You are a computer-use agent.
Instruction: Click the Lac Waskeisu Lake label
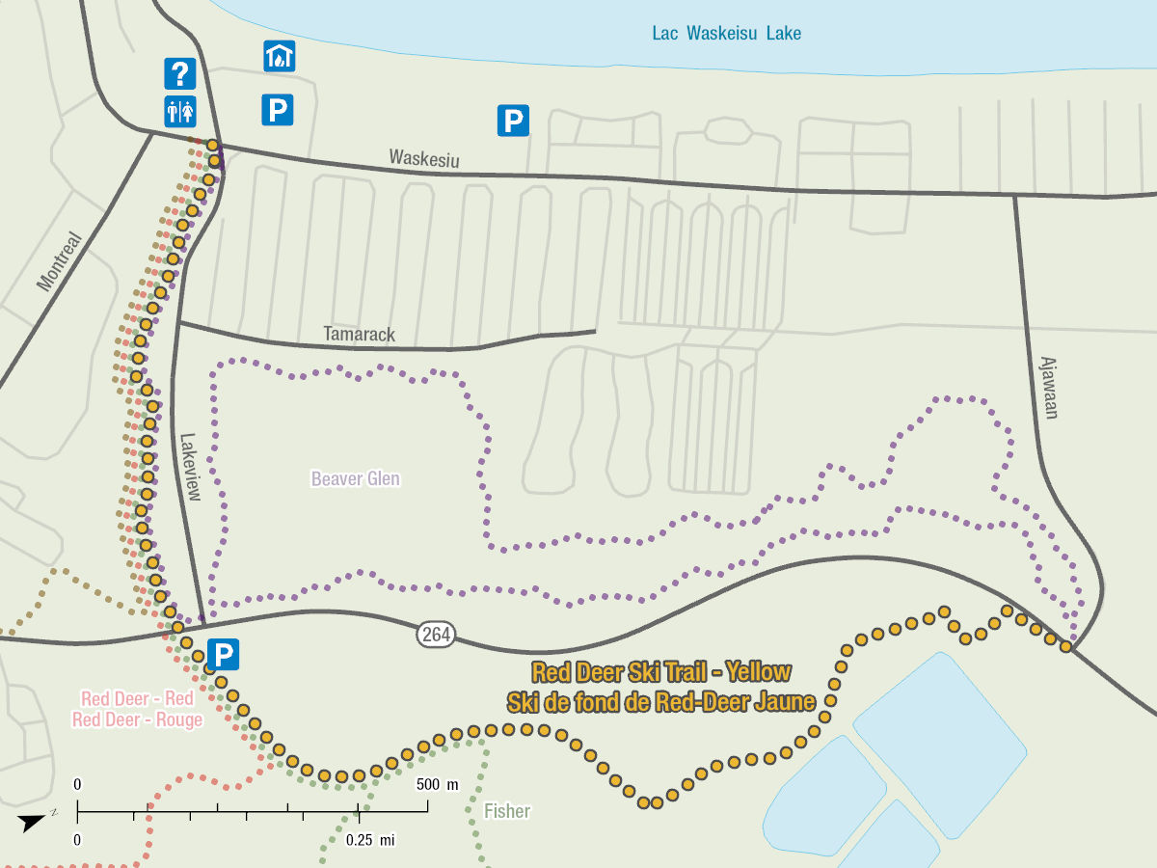[726, 34]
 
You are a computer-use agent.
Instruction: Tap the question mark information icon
[180, 73]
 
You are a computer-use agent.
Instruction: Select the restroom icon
[180, 111]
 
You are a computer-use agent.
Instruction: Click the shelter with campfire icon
[279, 56]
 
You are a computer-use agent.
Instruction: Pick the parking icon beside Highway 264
[223, 656]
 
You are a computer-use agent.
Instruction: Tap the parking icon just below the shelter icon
[277, 110]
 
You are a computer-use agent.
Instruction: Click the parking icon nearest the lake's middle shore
[513, 121]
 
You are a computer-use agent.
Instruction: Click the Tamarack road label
[359, 335]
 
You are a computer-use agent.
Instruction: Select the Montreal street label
[61, 260]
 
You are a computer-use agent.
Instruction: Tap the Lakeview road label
[189, 466]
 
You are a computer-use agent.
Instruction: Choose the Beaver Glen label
[355, 478]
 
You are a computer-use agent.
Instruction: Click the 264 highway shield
[437, 634]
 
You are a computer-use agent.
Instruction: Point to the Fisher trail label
[507, 811]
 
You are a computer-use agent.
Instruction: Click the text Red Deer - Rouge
[137, 719]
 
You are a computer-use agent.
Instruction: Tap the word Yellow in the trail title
[758, 672]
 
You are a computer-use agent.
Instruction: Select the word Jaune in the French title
[783, 702]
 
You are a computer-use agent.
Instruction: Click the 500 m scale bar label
[438, 783]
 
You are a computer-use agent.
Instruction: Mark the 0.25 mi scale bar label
[371, 840]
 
